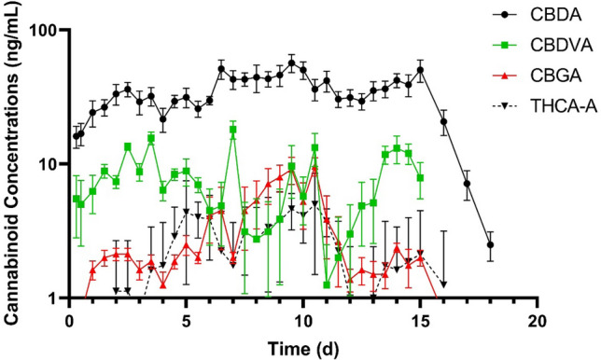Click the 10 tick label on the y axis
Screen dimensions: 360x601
click(x=48, y=164)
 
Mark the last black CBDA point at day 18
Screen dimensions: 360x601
click(x=490, y=244)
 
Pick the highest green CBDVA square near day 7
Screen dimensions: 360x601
click(x=233, y=130)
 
